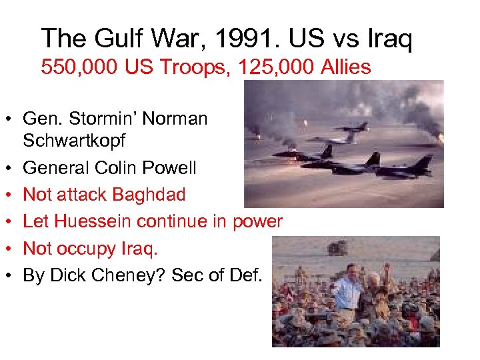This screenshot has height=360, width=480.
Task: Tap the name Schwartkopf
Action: point(75,141)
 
